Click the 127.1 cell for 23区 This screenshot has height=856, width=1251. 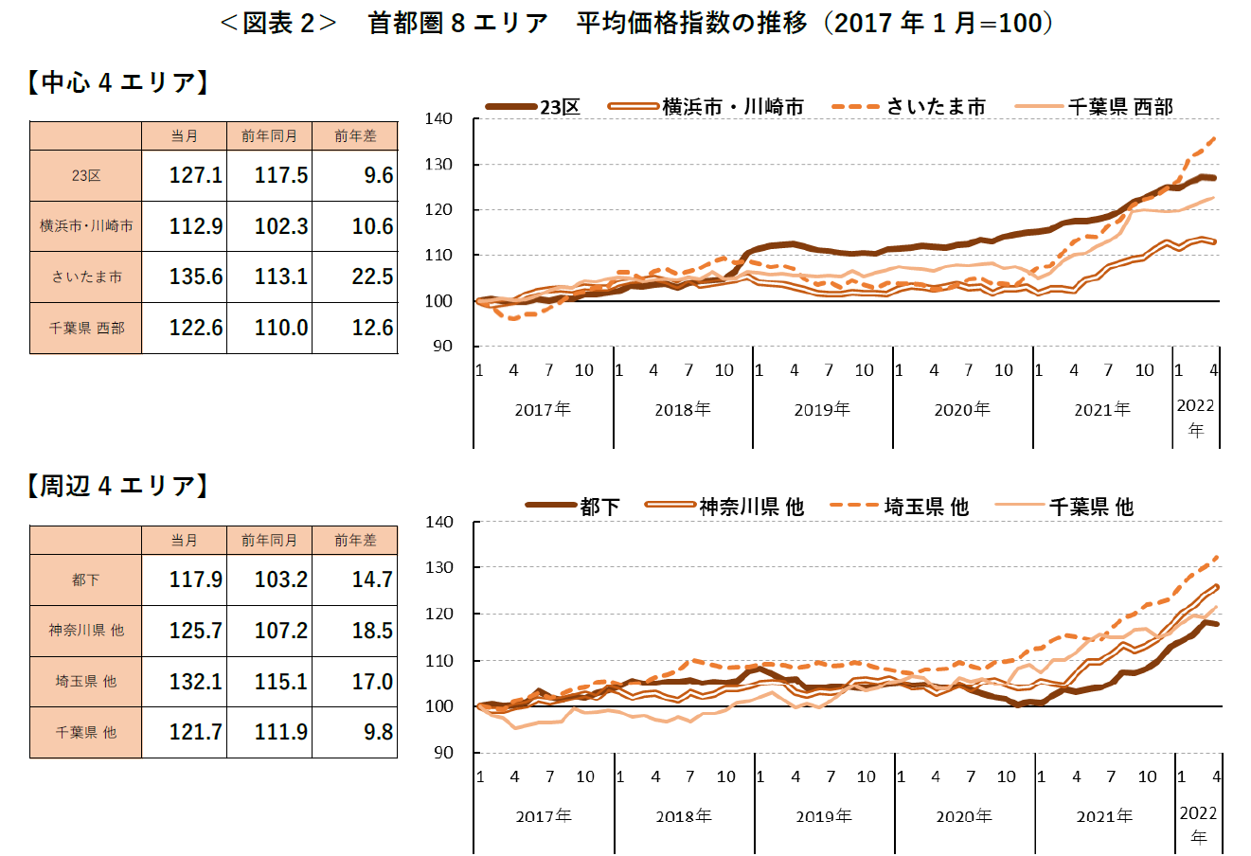click(x=195, y=176)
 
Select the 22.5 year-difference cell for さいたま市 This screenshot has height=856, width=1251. click(x=372, y=277)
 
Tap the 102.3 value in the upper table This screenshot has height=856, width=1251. click(x=280, y=227)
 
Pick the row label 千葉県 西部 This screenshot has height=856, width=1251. click(x=86, y=329)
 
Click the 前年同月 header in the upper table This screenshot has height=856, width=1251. click(x=269, y=136)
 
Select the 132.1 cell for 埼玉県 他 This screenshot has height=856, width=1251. click(x=195, y=682)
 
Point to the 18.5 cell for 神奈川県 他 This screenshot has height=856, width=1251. click(x=372, y=631)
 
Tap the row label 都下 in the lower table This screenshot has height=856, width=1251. click(x=86, y=580)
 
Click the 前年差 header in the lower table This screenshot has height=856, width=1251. click(x=355, y=541)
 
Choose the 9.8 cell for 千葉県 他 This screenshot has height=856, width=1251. click(x=378, y=733)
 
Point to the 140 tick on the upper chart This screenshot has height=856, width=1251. click(x=438, y=118)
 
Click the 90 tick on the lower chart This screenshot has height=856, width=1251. click(x=442, y=753)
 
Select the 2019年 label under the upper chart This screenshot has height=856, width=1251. click(x=822, y=410)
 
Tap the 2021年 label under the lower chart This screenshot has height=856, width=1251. click(x=1104, y=816)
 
